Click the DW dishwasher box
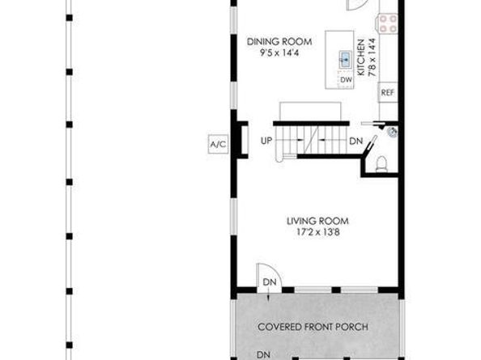point(345,79)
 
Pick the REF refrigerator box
point(388,92)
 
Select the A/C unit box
point(218,145)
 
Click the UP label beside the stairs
point(266,141)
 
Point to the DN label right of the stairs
point(355,141)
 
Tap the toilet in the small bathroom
point(383,166)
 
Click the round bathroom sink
point(393,131)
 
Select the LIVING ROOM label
point(317,221)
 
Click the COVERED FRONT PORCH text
point(313,327)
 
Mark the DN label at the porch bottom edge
point(263,354)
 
